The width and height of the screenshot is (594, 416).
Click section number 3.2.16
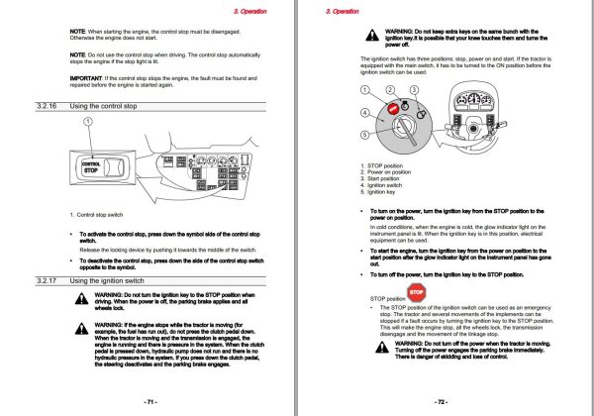pyautogui.click(x=47, y=105)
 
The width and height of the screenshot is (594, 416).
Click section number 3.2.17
pyautogui.click(x=47, y=281)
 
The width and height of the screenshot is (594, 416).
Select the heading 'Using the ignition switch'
pyautogui.click(x=111, y=281)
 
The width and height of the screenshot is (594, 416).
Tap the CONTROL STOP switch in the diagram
pyautogui.click(x=90, y=165)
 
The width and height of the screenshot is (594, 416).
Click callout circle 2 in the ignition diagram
pyautogui.click(x=390, y=90)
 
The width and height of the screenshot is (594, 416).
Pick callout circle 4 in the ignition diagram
pyautogui.click(x=364, y=114)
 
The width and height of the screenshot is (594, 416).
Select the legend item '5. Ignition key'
pyautogui.click(x=387, y=193)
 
